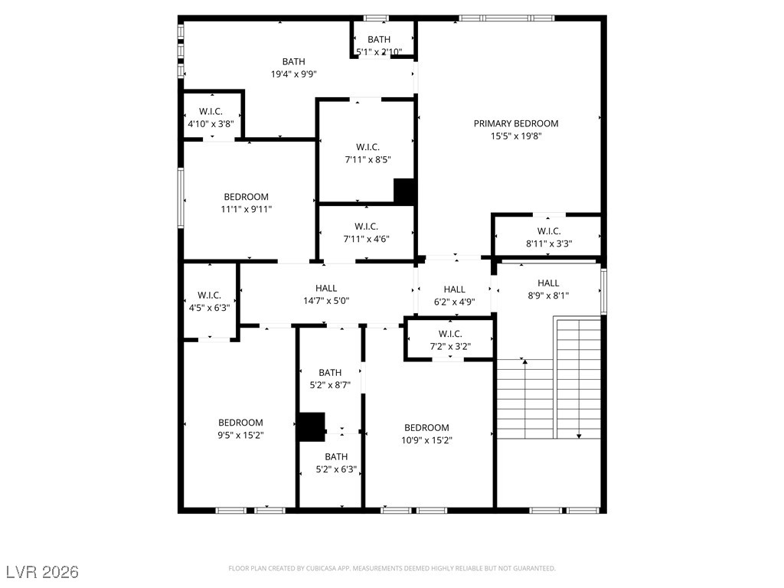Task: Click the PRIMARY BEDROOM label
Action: click(515, 123)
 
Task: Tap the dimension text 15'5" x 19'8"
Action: click(515, 136)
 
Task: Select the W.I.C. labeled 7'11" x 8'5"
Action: click(367, 153)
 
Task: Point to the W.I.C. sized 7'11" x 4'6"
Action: click(367, 232)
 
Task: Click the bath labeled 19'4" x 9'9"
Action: click(293, 67)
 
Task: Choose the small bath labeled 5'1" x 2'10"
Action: click(379, 45)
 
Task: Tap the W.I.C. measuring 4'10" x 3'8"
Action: click(211, 117)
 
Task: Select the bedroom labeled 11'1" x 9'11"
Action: click(246, 202)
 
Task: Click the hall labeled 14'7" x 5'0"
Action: click(326, 294)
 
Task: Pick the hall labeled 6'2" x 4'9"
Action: click(454, 295)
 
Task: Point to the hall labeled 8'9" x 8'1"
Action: click(547, 289)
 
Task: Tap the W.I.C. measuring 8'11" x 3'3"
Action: click(548, 237)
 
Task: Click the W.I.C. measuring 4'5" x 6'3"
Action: click(209, 301)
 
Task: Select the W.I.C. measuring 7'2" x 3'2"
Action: click(449, 339)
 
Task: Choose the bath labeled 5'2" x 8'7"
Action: click(330, 379)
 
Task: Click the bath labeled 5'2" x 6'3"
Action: click(330, 463)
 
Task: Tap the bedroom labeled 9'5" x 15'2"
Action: click(240, 429)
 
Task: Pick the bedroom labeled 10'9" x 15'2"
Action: click(426, 433)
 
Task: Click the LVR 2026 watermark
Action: click(42, 572)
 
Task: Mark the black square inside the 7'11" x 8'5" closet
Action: click(404, 191)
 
